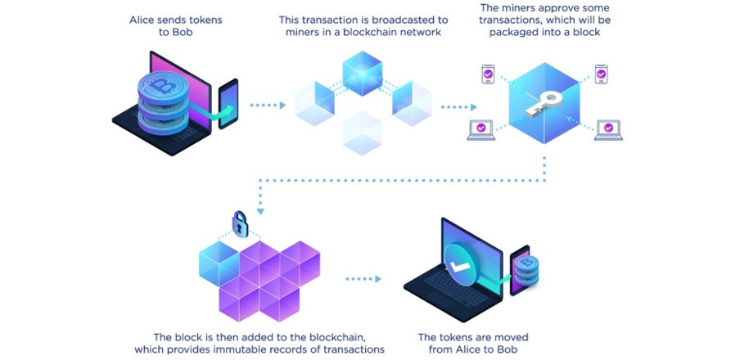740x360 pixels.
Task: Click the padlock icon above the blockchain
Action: click(240, 224)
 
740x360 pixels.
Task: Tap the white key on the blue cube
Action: click(544, 104)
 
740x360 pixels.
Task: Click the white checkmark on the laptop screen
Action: click(459, 267)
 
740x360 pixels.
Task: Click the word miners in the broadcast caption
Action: click(301, 32)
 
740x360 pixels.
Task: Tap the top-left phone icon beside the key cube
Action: click(488, 74)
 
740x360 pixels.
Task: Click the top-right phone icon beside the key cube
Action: click(601, 74)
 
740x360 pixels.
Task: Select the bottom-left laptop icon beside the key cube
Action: click(481, 130)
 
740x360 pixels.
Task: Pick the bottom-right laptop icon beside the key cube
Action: click(608, 130)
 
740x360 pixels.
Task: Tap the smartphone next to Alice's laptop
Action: click(228, 104)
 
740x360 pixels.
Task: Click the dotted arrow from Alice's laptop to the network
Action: click(268, 106)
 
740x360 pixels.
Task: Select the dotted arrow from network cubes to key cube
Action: click(458, 107)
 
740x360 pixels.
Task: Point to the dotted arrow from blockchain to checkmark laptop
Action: click(363, 279)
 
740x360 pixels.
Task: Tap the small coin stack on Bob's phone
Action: click(526, 270)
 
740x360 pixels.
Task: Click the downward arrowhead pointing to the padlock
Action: click(259, 211)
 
